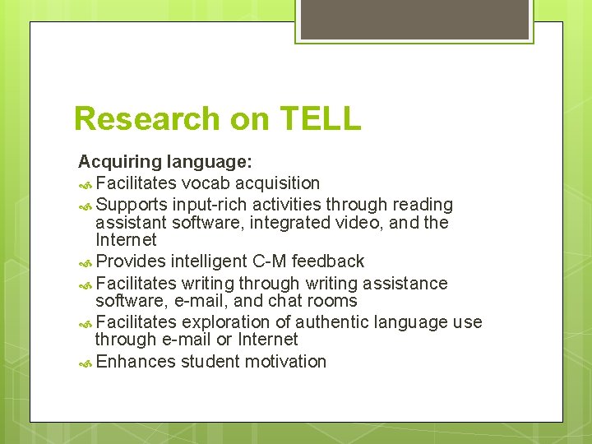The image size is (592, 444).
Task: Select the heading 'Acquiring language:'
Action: [x=165, y=162]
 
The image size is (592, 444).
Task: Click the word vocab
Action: [x=206, y=183]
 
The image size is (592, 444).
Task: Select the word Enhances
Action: [x=135, y=362]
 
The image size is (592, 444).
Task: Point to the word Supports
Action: [x=132, y=203]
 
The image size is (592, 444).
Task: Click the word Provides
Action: [x=132, y=261]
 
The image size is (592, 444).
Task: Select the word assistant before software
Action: [x=131, y=222]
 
